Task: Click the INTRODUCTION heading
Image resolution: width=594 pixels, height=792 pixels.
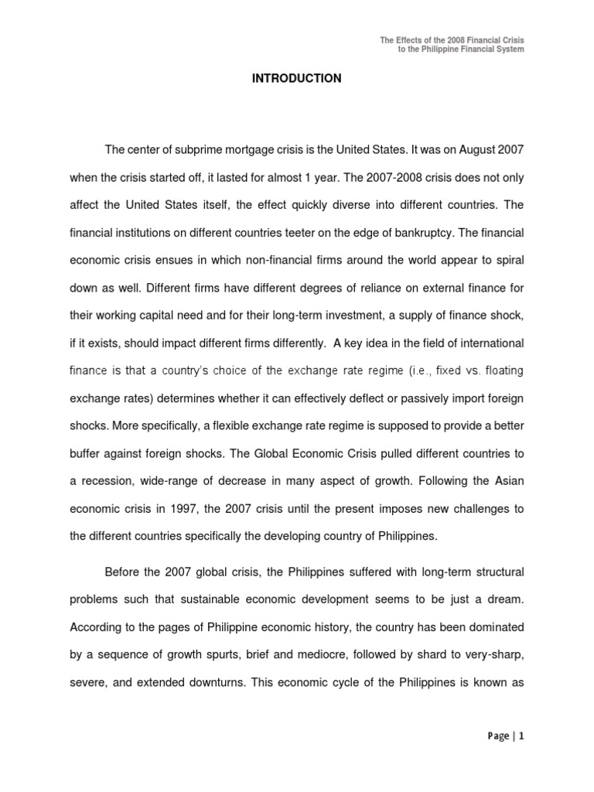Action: pyautogui.click(x=296, y=79)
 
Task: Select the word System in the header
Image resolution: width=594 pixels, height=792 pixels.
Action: pyautogui.click(x=508, y=49)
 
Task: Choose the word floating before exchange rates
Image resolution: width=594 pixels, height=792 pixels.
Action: pyautogui.click(x=500, y=370)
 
